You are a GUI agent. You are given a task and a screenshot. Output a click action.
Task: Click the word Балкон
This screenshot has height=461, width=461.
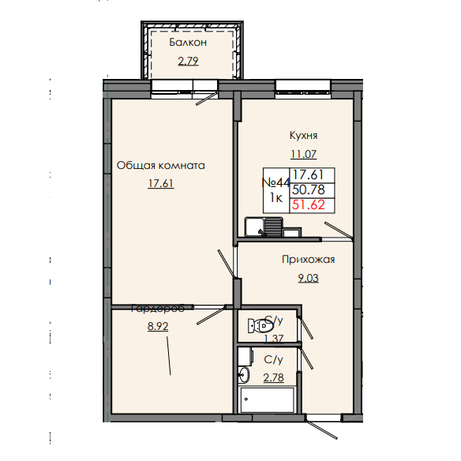click(188, 43)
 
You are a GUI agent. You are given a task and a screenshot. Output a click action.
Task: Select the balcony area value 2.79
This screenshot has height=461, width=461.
click(188, 60)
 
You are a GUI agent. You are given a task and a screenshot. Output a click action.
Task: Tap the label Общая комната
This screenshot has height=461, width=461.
click(161, 166)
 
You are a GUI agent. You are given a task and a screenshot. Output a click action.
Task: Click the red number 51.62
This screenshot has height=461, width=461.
click(309, 205)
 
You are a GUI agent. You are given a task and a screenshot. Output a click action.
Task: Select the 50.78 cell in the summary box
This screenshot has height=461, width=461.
click(309, 189)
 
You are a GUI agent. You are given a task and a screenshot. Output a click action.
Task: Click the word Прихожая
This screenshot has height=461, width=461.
click(309, 258)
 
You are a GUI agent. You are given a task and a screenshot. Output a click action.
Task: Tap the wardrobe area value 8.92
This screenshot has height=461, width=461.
click(159, 324)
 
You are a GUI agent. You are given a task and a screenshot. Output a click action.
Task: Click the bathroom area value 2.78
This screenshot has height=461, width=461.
click(274, 376)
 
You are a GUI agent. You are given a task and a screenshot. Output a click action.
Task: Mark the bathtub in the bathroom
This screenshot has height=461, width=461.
click(268, 399)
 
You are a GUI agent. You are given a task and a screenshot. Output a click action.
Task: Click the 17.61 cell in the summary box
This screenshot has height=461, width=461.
click(309, 174)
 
